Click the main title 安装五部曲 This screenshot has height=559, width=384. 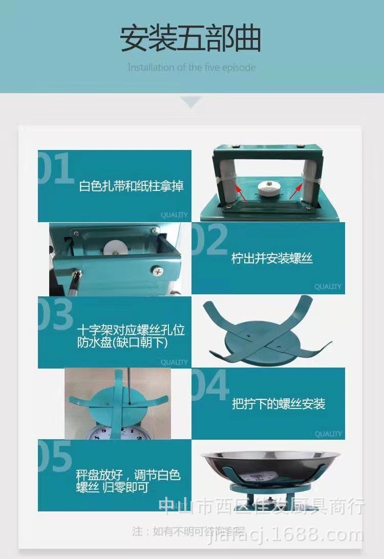coord(191,39)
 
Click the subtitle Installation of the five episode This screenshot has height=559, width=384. coord(191,67)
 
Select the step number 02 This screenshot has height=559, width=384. coord(209,240)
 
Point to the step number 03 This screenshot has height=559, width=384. coord(56,314)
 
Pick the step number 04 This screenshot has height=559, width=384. coord(210,385)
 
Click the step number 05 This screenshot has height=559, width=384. coord(55,457)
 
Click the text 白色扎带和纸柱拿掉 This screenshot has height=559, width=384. coord(131,186)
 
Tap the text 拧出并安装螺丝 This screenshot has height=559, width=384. coord(272,258)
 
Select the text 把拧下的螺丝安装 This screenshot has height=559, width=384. coord(279,404)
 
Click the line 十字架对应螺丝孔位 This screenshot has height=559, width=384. coord(131,329)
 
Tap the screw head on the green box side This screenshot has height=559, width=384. coord(154,270)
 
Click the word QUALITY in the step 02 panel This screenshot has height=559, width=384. coord(328,287)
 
